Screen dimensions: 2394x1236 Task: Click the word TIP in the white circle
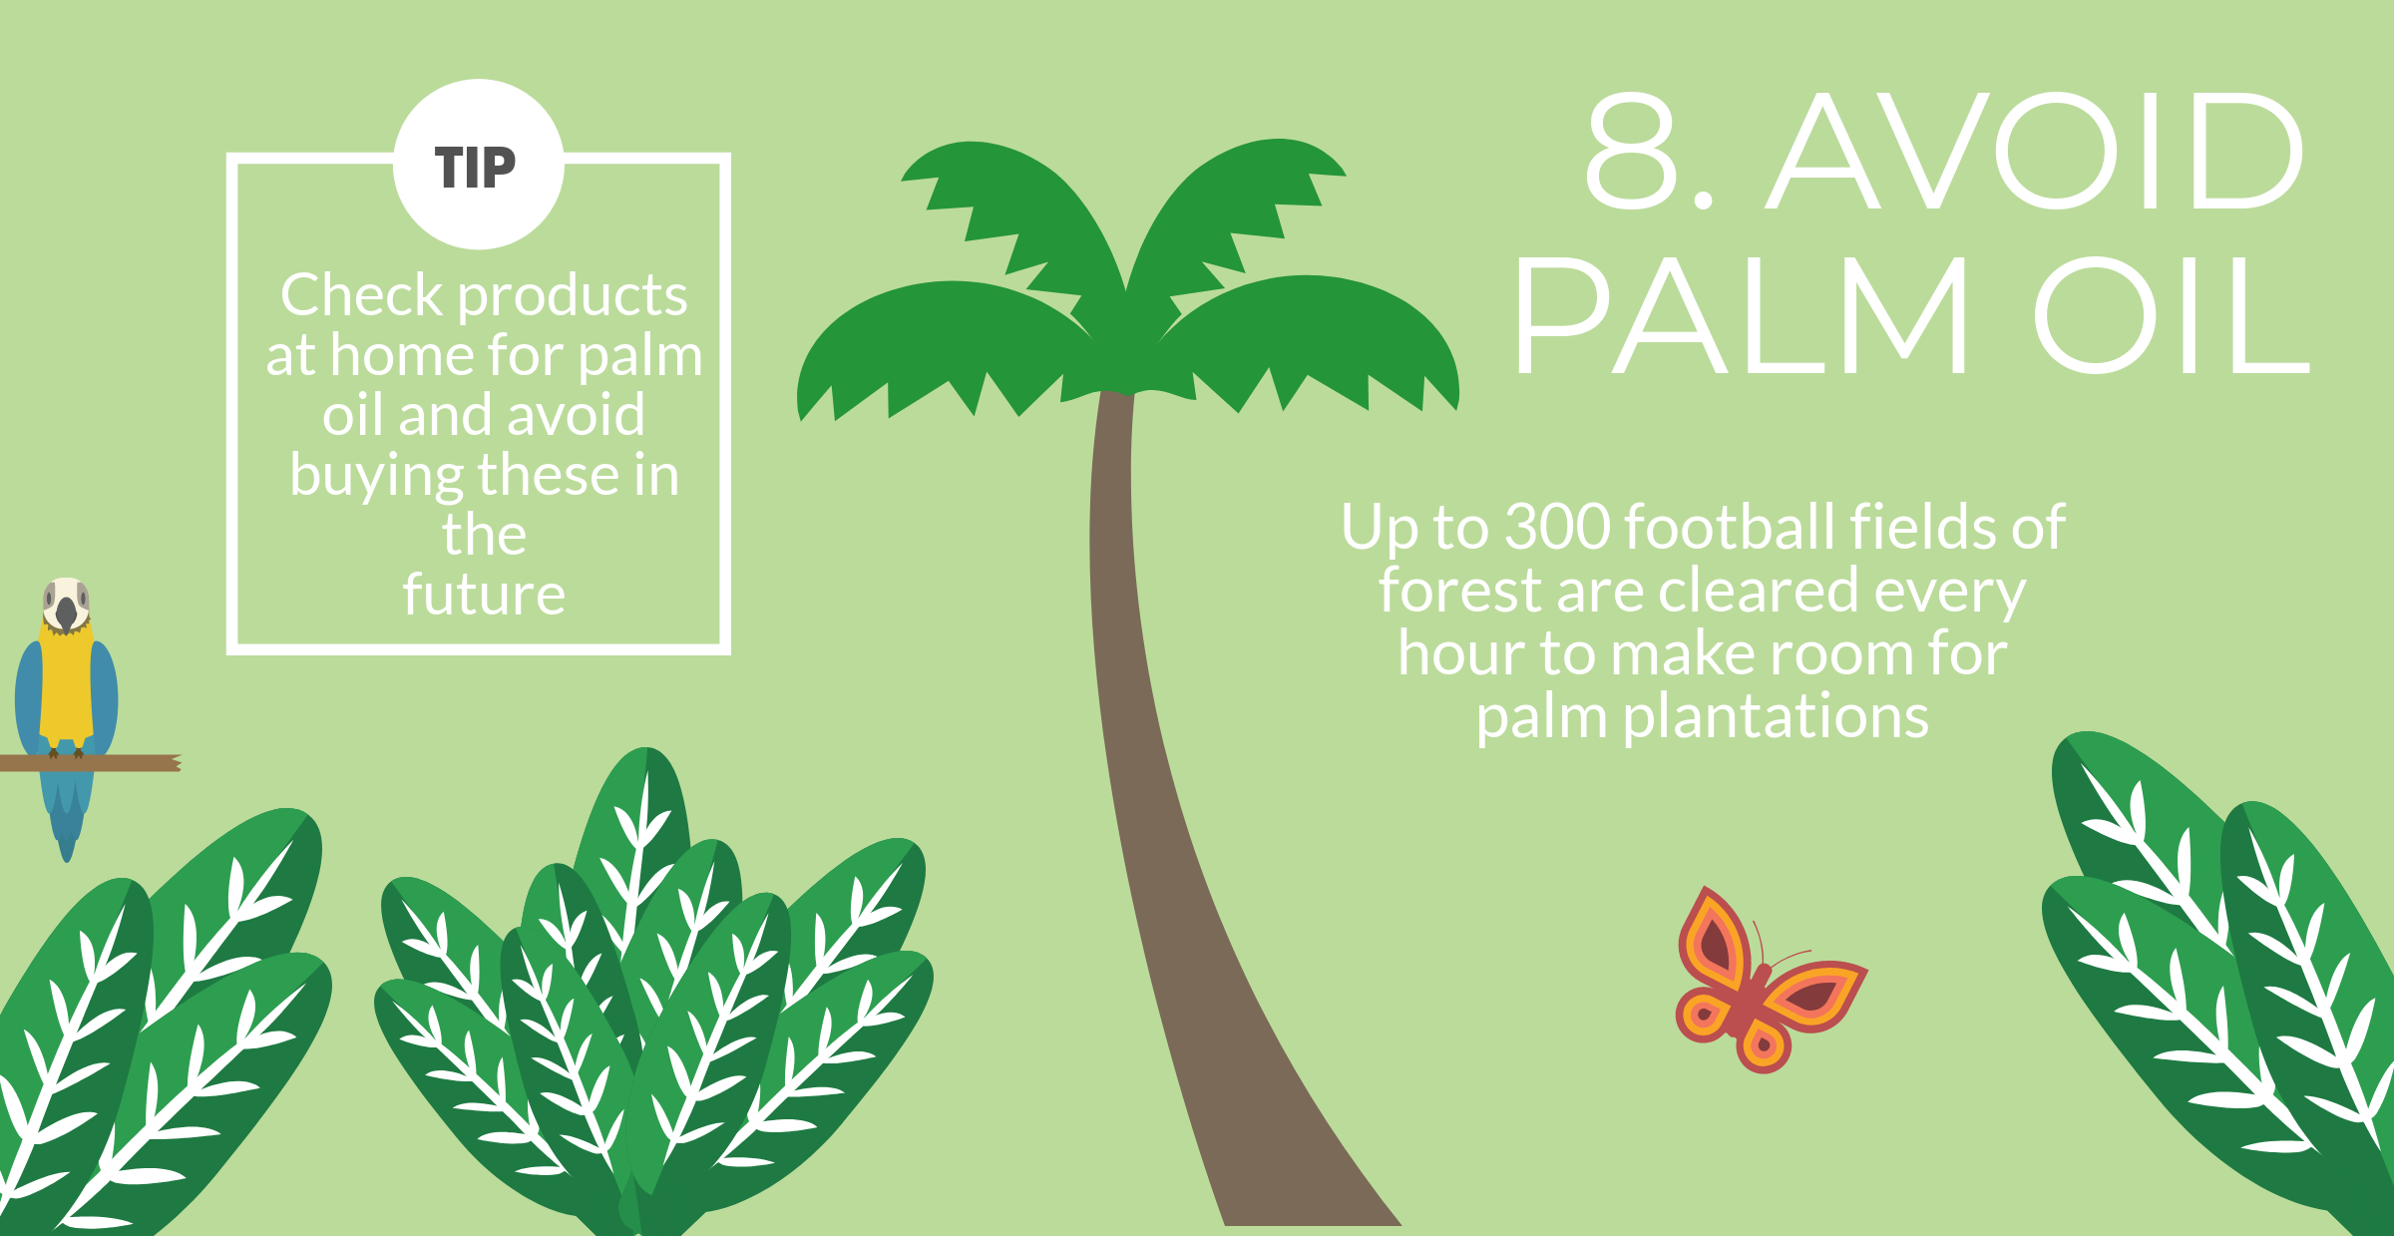476,168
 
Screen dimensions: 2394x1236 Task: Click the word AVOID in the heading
2035,152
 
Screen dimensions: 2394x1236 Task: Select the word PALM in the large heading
1741,315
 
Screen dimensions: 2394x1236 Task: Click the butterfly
1770,981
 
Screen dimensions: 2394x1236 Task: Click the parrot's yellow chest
66,688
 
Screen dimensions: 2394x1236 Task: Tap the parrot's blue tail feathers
67,808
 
